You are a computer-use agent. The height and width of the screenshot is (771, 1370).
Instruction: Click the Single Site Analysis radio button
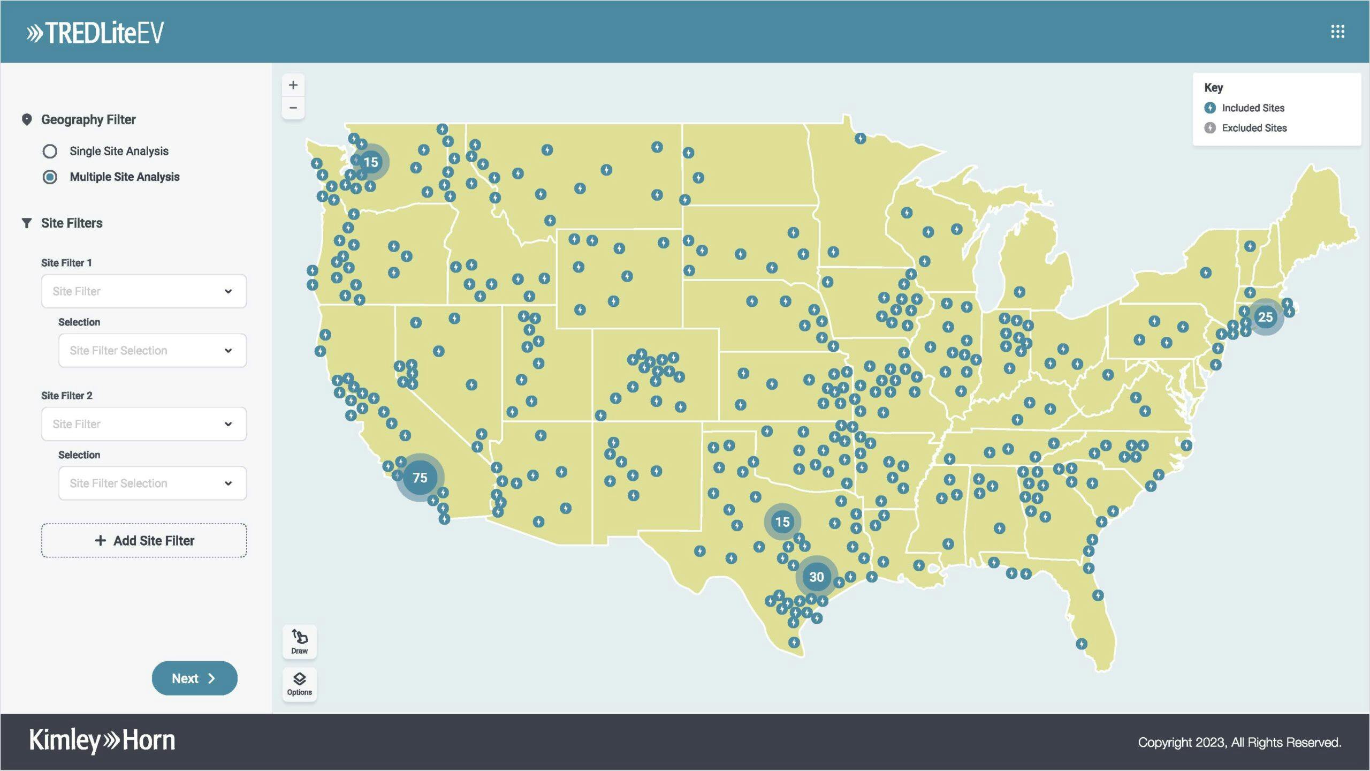coord(50,152)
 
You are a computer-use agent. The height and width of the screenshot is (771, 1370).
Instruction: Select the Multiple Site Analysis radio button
coord(50,177)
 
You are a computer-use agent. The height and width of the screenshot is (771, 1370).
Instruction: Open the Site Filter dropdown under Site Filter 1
coord(144,291)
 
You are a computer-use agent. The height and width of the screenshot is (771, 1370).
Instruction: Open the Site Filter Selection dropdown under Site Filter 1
coord(153,351)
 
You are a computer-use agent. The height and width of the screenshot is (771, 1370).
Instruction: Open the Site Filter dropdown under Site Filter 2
coord(144,424)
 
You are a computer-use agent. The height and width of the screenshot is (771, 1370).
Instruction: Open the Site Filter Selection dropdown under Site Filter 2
coord(153,483)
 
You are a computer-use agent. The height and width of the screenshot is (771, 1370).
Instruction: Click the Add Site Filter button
coord(144,541)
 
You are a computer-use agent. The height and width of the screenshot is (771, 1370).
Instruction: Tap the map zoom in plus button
coord(293,85)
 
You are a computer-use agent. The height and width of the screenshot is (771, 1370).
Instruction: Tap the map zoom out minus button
coord(293,108)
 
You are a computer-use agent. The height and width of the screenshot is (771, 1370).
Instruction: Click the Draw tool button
coord(300,641)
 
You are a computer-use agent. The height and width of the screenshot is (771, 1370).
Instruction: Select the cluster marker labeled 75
coord(420,478)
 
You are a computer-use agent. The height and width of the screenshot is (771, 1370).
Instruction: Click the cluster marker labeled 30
coord(817,577)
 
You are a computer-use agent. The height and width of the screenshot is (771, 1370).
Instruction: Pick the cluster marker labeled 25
coord(1265,318)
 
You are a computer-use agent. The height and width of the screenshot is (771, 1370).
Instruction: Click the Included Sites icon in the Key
coord(1210,108)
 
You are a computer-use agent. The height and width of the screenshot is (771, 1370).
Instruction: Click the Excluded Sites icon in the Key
coord(1210,128)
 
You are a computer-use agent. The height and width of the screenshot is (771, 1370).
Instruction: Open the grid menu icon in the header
coord(1337,32)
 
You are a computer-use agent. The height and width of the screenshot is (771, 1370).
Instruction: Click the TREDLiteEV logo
coord(95,33)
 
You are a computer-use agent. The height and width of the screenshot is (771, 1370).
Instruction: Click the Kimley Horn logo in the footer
coord(102,740)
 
